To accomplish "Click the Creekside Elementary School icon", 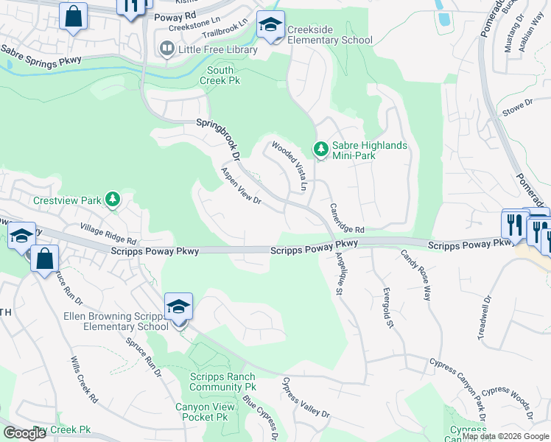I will pos(270,27).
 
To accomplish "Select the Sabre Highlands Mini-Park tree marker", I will pos(320,150).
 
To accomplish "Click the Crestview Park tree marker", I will pos(112,200).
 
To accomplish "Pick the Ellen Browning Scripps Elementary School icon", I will pos(178,307).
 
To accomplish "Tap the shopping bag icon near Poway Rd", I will pos(74,17).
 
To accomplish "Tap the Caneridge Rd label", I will pos(347,218).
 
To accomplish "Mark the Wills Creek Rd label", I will pos(84,380).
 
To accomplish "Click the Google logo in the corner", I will pos(24,433).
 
